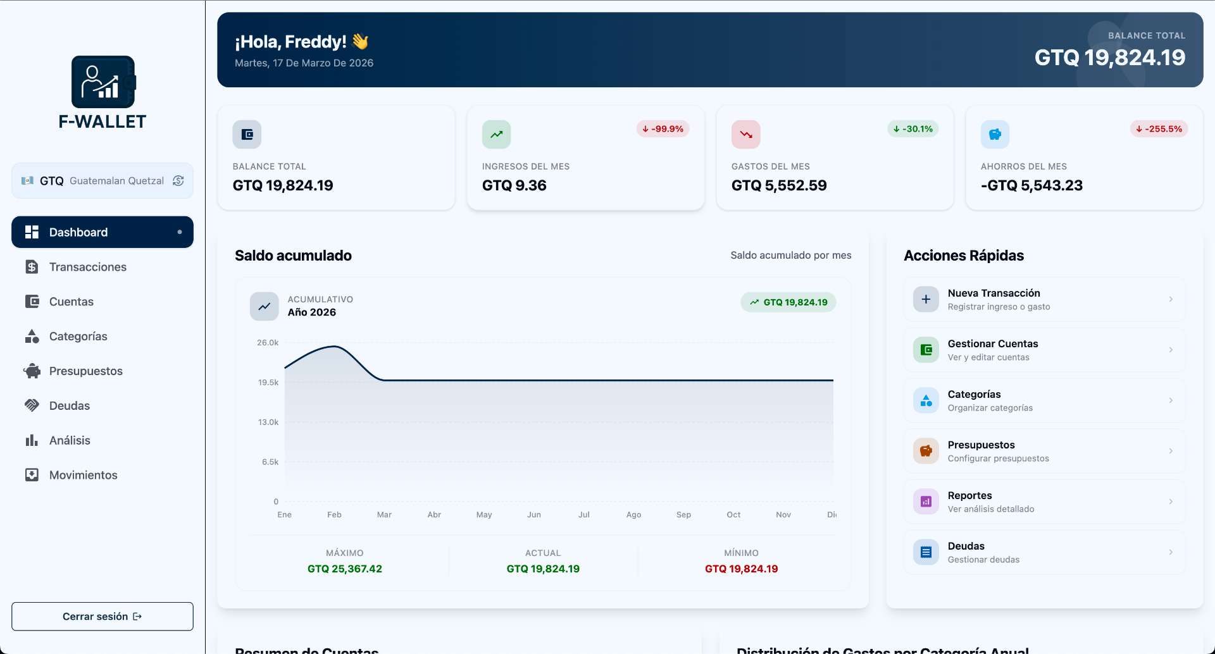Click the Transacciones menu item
click(x=87, y=267)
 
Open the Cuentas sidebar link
click(x=71, y=302)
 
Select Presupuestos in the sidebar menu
click(x=85, y=371)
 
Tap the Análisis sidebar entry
click(x=70, y=440)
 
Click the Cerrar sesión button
click(x=103, y=616)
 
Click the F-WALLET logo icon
click(x=103, y=82)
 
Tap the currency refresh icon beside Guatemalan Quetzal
click(x=178, y=181)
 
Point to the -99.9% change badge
click(x=663, y=129)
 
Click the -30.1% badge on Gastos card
click(x=913, y=129)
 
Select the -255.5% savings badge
click(x=1159, y=129)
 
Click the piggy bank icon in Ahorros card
click(x=995, y=135)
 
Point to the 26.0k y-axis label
click(x=268, y=343)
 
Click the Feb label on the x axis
click(x=334, y=515)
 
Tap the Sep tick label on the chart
click(x=683, y=515)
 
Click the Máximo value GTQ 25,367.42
click(x=345, y=569)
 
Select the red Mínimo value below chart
click(x=741, y=569)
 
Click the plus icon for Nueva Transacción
click(x=926, y=299)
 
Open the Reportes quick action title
click(x=969, y=495)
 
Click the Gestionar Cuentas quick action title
click(x=992, y=343)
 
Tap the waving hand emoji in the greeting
click(x=360, y=42)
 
